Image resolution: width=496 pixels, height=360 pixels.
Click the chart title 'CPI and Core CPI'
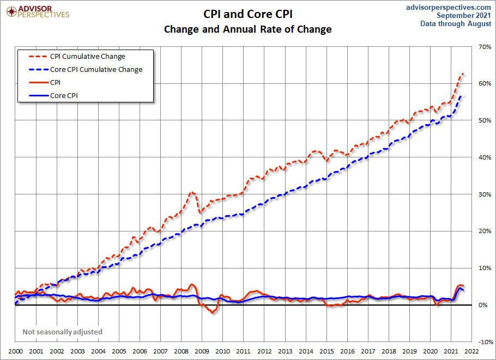248,14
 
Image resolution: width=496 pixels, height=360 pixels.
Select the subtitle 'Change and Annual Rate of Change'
248,29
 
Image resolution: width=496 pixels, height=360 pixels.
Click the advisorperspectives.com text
449,7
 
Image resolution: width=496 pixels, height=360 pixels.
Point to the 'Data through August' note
456,24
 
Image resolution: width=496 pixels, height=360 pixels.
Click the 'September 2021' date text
464,15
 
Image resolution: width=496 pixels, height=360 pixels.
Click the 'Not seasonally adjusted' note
62,332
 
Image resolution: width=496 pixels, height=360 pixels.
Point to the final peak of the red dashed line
463,74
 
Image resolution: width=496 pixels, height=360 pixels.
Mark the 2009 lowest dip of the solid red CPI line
213,312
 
